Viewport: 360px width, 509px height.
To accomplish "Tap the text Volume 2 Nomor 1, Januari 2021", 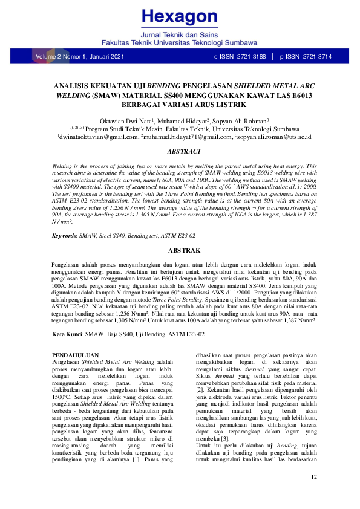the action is (x=80, y=57).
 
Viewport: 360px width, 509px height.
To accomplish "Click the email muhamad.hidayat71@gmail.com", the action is (x=186, y=138).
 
